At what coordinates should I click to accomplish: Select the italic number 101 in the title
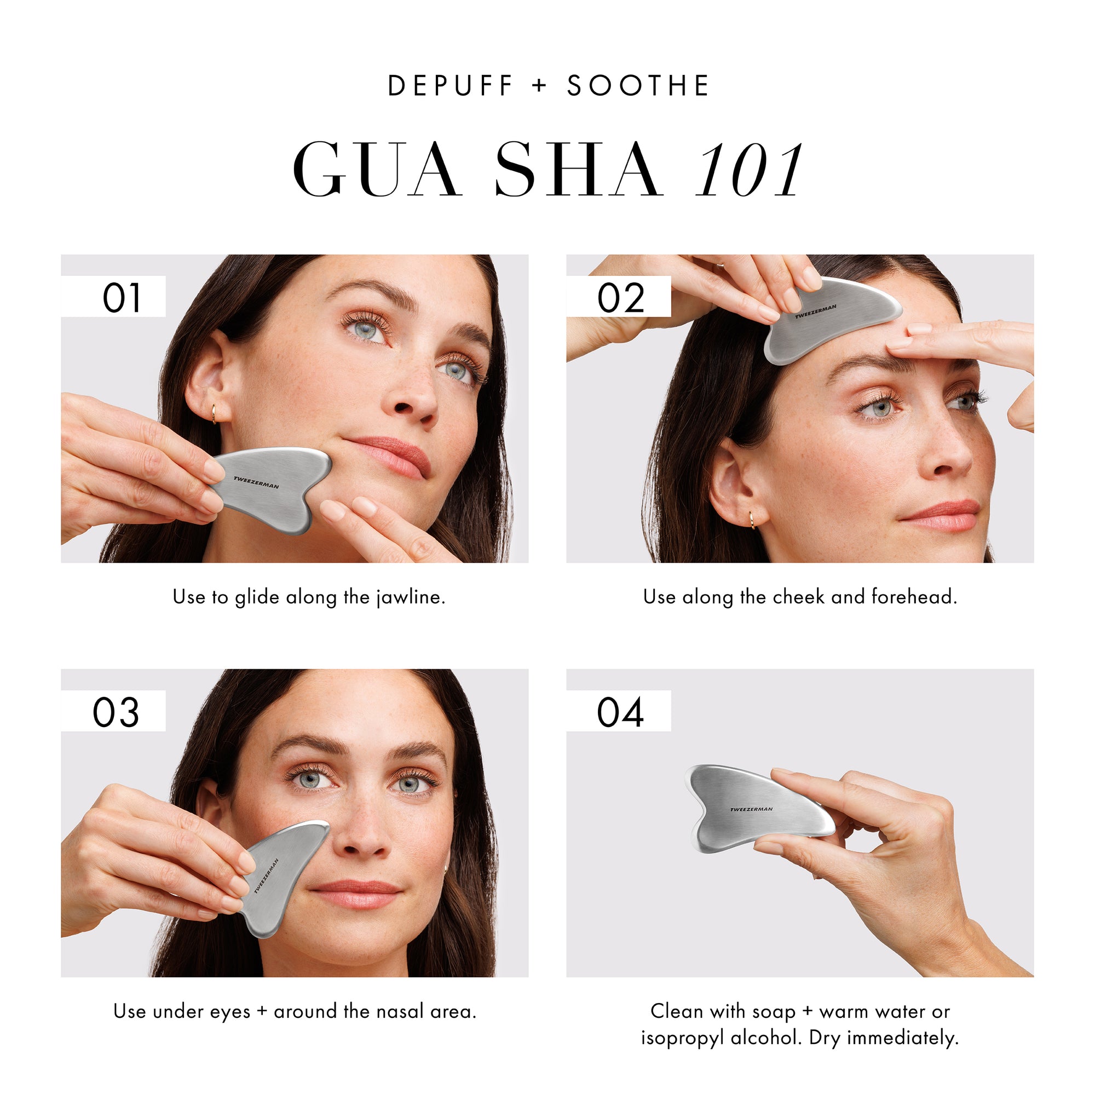(748, 171)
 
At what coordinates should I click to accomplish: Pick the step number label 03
(116, 712)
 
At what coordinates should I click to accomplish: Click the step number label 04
(620, 712)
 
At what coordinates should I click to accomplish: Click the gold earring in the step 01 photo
(214, 413)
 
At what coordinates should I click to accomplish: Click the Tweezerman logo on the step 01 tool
(256, 482)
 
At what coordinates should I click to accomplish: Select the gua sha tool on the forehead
(831, 318)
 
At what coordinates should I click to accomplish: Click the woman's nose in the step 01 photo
(411, 397)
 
